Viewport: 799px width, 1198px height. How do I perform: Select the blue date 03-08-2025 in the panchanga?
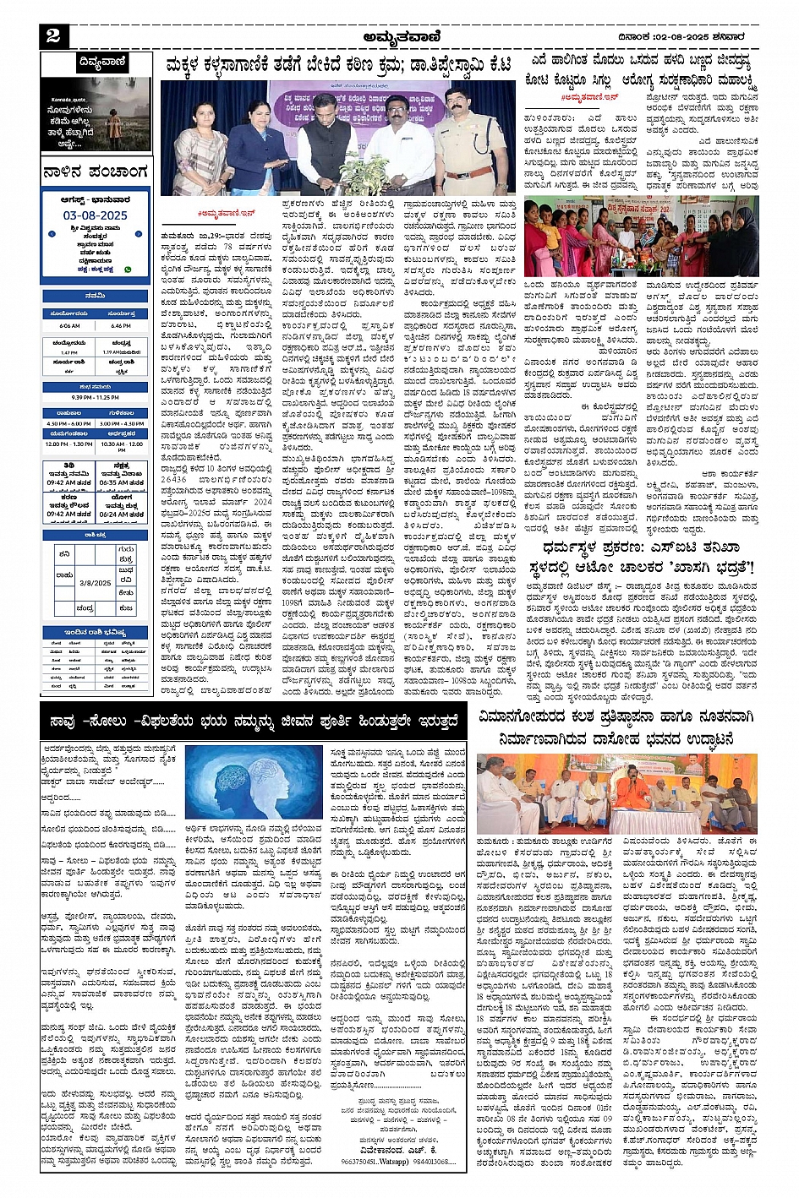pyautogui.click(x=95, y=215)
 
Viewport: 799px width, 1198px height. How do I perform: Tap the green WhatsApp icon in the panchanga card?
pyautogui.click(x=129, y=270)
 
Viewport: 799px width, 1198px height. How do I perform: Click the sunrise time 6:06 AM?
pyautogui.click(x=69, y=325)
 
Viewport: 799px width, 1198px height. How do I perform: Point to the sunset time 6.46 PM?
pyautogui.click(x=121, y=325)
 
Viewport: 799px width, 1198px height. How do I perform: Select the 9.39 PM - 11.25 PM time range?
pyautogui.click(x=95, y=397)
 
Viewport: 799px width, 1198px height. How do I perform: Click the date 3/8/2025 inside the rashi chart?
pyautogui.click(x=95, y=582)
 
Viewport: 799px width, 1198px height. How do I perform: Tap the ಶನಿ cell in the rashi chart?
pyautogui.click(x=64, y=553)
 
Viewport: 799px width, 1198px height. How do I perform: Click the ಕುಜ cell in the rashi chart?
pyautogui.click(x=126, y=607)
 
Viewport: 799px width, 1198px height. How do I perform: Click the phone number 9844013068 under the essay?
pyautogui.click(x=442, y=1161)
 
